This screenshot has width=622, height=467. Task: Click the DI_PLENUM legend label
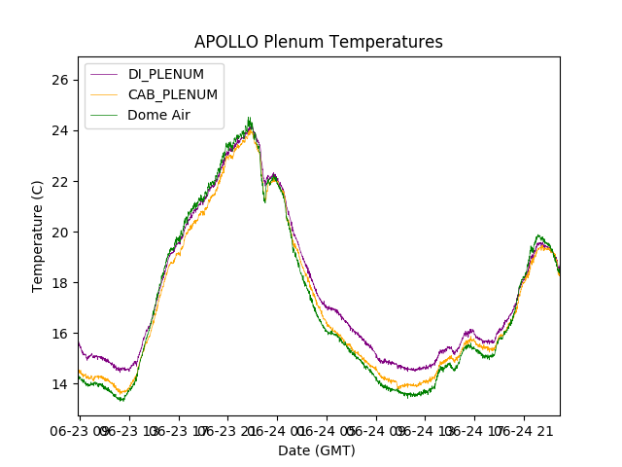pos(166,74)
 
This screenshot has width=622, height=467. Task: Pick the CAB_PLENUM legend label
pos(173,94)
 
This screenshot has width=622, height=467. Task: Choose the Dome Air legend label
pos(158,115)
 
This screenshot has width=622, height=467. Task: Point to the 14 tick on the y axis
pos(59,384)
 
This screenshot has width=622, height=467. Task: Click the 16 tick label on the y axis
pos(59,334)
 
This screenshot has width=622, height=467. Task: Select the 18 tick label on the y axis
pos(59,283)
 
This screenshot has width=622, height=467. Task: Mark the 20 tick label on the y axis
pos(59,233)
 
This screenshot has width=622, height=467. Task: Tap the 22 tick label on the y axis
pos(59,182)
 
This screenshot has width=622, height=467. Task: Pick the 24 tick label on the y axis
pos(59,131)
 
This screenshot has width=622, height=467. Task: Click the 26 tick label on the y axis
pos(59,81)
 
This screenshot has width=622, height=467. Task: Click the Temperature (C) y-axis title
pos(38,236)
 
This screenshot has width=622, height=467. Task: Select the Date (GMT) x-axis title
pos(317,450)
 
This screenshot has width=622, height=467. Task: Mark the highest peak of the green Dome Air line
pos(249,118)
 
